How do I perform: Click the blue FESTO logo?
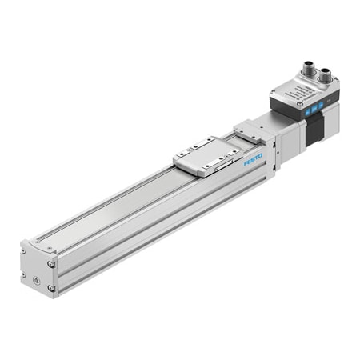(x=254, y=161)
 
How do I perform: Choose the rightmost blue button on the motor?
(x=320, y=103)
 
